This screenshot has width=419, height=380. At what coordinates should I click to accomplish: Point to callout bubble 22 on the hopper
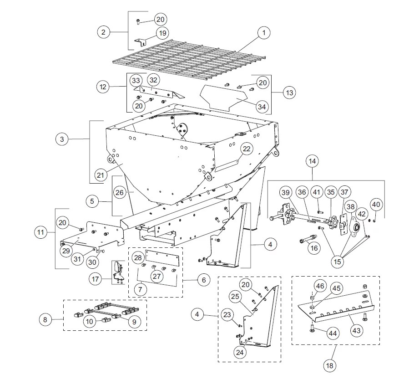[246, 149]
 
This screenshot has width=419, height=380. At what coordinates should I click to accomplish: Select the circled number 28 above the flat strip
[137, 258]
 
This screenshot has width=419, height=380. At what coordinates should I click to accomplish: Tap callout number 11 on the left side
[41, 232]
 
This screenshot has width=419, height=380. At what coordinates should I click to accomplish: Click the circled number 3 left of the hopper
[62, 139]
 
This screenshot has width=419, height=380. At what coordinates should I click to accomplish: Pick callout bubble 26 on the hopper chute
[119, 192]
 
